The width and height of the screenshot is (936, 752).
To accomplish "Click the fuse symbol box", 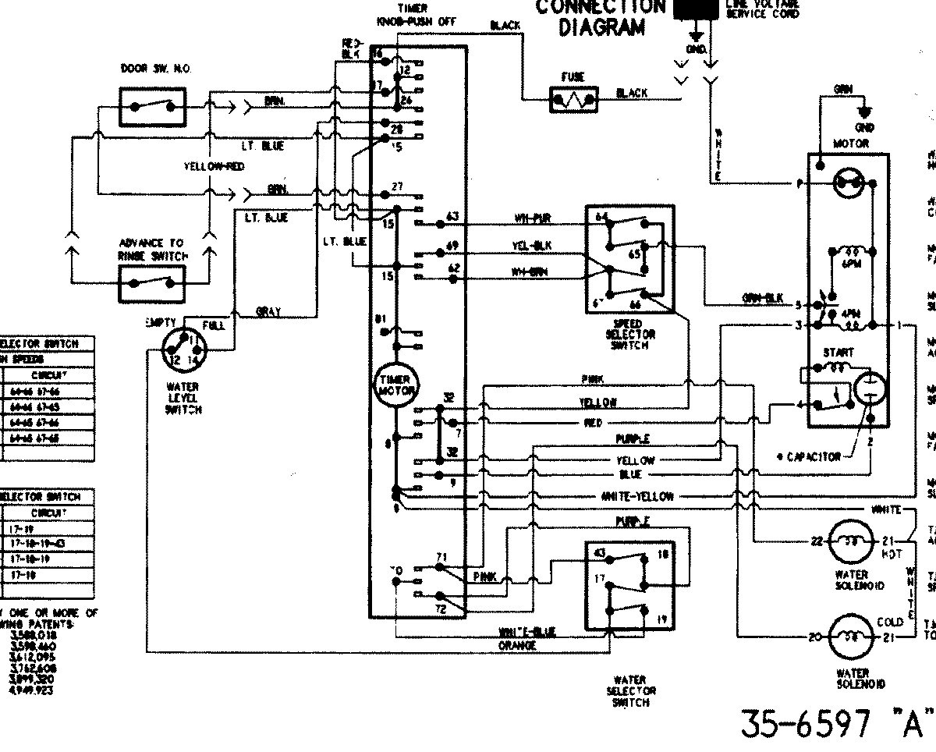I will [573, 99].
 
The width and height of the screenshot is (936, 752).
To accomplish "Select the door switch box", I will [152, 106].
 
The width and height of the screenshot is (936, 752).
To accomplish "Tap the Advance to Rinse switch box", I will [152, 282].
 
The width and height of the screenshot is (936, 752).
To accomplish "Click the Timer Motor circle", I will [395, 384].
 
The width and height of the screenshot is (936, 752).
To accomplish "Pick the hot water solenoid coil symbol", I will [846, 541].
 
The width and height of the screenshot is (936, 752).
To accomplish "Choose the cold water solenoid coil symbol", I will [846, 637].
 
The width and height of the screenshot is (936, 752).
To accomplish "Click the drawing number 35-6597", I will [803, 725].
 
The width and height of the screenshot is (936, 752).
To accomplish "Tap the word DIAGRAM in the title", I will [601, 28].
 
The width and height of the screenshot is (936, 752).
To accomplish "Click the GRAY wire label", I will [268, 312].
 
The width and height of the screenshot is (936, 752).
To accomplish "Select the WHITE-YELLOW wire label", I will [636, 496].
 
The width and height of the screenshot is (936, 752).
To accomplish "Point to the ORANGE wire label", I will [516, 646].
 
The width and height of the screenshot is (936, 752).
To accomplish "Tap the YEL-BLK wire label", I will [532, 246].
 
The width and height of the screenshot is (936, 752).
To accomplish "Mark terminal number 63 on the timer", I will [452, 216].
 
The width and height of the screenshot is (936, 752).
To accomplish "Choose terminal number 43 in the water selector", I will [601, 553].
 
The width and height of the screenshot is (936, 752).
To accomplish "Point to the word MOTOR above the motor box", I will [850, 144].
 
